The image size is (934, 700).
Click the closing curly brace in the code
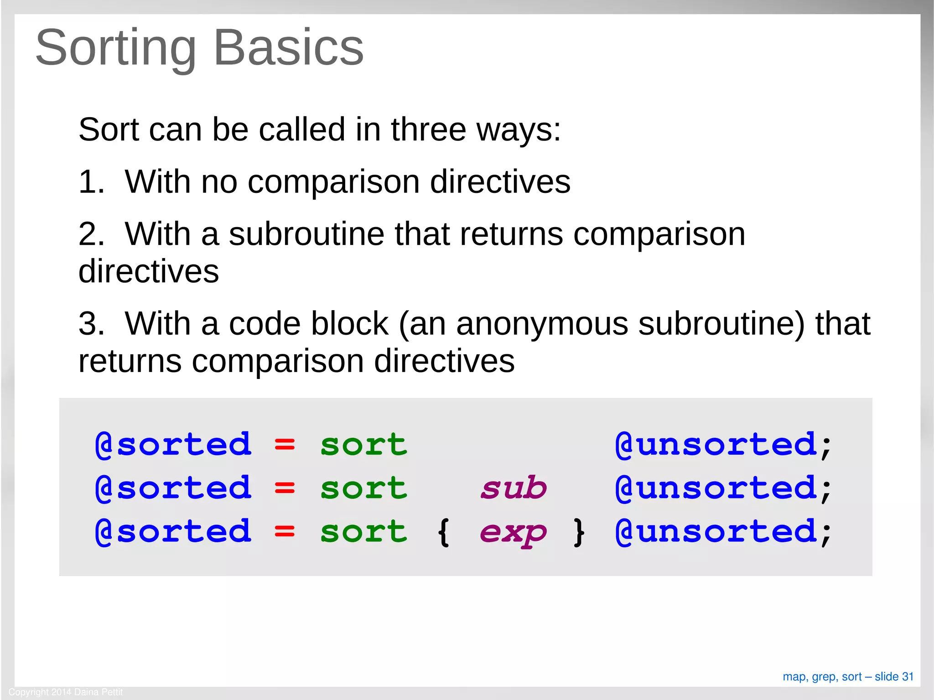579,532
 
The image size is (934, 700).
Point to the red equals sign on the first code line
285,444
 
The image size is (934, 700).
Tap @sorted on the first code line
173,444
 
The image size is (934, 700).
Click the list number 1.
90,182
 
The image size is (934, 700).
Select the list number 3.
90,324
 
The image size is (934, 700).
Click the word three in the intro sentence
428,130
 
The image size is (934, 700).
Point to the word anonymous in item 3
542,324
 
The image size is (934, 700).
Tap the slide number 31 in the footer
908,677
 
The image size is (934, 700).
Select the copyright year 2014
61,692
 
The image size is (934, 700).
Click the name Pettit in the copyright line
112,692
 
